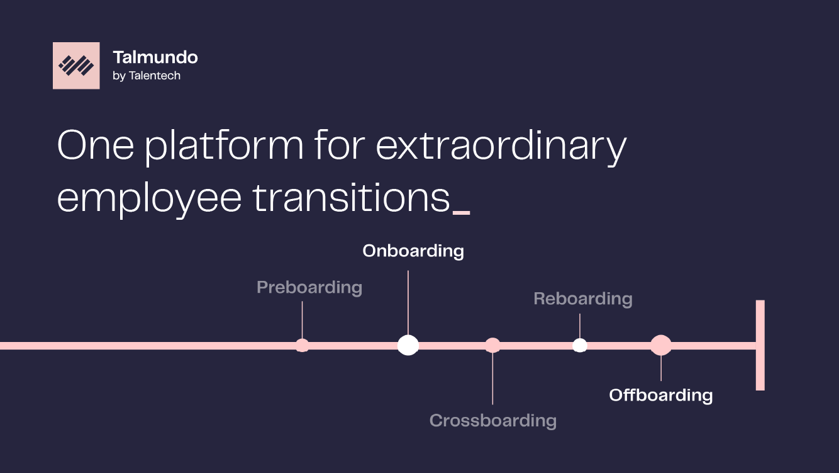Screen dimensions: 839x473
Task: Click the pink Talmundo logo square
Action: point(76,66)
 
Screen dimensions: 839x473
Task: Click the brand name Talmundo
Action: point(155,57)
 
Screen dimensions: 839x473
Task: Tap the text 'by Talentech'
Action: point(147,76)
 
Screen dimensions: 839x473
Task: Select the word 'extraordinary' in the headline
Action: point(501,146)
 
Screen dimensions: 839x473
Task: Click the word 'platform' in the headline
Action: point(224,145)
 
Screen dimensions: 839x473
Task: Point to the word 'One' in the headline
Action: point(96,145)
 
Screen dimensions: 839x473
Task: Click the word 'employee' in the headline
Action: point(149,199)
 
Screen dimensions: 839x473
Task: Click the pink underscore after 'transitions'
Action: point(461,213)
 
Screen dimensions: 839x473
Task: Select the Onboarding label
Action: point(413,251)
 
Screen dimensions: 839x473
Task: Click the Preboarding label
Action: point(309,288)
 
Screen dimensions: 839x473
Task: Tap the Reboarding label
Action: point(583,299)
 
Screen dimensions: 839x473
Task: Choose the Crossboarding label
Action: point(493,421)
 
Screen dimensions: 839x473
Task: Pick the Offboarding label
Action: point(661,396)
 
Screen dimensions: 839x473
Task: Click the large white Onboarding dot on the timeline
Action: point(408,345)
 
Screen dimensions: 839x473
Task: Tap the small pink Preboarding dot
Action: point(303,346)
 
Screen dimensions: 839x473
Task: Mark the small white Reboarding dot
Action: point(580,346)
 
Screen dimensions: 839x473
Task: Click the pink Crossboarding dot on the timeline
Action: point(492,346)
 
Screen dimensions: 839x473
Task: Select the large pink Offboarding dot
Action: point(661,345)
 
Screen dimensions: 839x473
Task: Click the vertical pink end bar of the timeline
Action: point(760,345)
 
